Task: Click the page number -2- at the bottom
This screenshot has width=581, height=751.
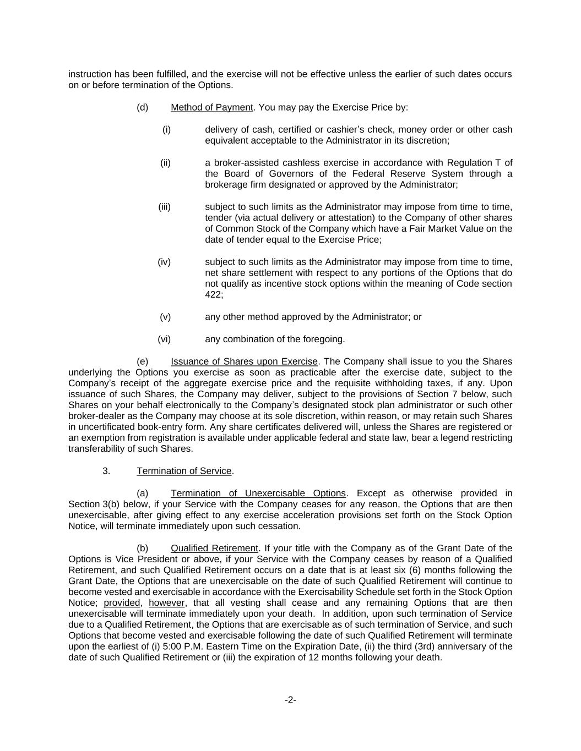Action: click(290, 700)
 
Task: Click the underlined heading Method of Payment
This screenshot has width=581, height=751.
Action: click(211, 107)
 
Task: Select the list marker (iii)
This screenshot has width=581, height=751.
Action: click(164, 207)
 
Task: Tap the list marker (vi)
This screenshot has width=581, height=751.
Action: click(164, 339)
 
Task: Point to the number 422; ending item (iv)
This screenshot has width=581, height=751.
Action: click(214, 295)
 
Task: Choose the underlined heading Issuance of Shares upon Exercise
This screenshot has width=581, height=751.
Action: click(244, 361)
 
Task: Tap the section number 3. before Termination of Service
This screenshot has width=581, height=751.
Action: click(106, 471)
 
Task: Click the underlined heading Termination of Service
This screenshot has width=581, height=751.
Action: click(184, 471)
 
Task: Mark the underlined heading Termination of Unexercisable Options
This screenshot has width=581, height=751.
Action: click(258, 493)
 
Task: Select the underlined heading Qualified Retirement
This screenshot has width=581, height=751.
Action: click(214, 548)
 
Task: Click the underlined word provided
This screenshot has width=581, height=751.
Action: click(122, 603)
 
